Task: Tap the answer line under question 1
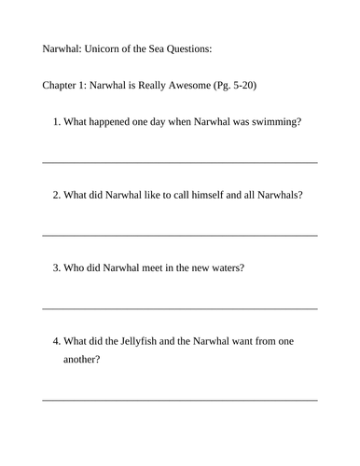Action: [180, 162]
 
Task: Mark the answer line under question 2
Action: [180, 235]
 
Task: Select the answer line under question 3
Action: [180, 308]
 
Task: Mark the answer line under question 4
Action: [180, 400]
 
